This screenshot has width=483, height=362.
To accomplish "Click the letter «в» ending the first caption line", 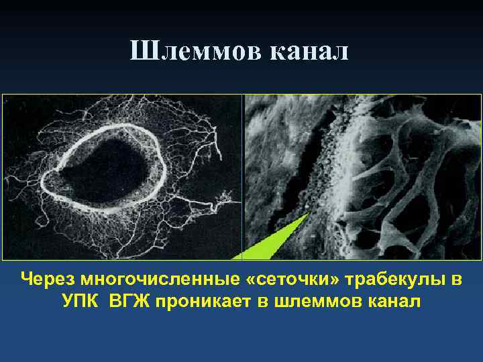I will coord(455,279).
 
